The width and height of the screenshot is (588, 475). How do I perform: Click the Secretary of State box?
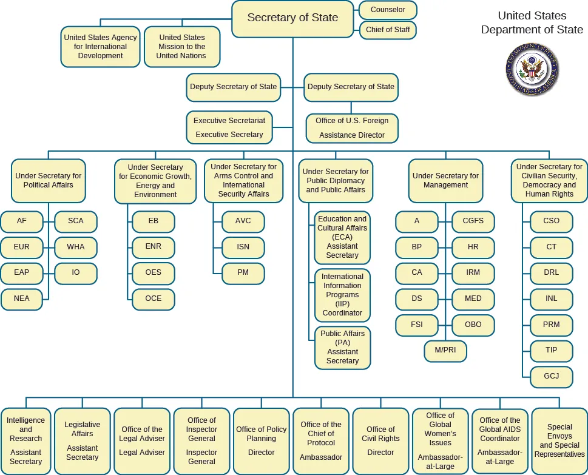pyautogui.click(x=292, y=18)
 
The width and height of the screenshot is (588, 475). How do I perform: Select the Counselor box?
pyautogui.click(x=388, y=10)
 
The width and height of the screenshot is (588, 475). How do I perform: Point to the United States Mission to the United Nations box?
pyautogui.click(x=181, y=47)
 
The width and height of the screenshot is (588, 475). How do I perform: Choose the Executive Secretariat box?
pyautogui.click(x=229, y=127)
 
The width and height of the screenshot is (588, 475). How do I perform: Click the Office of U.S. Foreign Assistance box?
pyautogui.click(x=352, y=128)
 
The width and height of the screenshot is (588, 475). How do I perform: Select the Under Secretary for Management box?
pyautogui.click(x=445, y=180)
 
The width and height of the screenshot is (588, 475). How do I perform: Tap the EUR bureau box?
pyautogui.click(x=22, y=247)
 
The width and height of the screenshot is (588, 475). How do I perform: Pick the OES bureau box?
pyautogui.click(x=154, y=272)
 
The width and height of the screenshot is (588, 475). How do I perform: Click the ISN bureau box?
pyautogui.click(x=243, y=247)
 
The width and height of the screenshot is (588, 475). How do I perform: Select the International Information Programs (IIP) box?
pyautogui.click(x=342, y=295)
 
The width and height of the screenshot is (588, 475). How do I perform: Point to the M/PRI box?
pyautogui.click(x=445, y=351)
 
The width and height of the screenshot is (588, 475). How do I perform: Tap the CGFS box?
pyautogui.click(x=473, y=221)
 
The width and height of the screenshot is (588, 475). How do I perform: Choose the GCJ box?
pyautogui.click(x=551, y=376)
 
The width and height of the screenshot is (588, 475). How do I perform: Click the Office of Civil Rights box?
pyautogui.click(x=380, y=441)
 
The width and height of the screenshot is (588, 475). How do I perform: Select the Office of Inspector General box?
pyautogui.click(x=201, y=441)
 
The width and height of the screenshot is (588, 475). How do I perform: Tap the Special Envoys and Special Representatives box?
pyautogui.click(x=559, y=441)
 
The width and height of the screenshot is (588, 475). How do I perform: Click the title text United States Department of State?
pyautogui.click(x=532, y=22)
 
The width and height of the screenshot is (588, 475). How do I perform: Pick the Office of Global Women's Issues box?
pyautogui.click(x=440, y=441)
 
